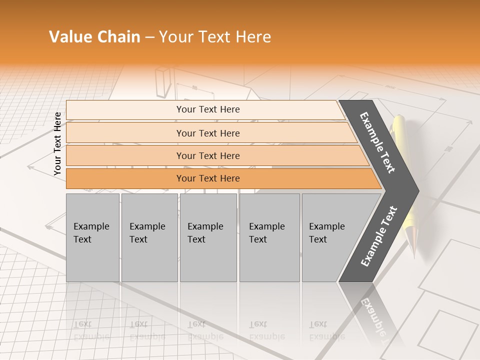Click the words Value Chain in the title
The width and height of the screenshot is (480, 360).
point(94,37)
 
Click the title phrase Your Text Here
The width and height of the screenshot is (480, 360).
point(215,37)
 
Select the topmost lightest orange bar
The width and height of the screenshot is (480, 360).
point(207,109)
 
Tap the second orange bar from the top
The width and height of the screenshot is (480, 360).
point(207,133)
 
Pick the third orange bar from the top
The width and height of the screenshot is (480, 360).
point(207,155)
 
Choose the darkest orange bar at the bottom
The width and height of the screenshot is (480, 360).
point(207,178)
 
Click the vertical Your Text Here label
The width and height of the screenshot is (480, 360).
point(57,143)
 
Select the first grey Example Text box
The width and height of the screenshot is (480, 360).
point(92,237)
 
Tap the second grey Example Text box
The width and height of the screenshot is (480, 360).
point(149,237)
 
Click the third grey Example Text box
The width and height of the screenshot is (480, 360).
point(208,237)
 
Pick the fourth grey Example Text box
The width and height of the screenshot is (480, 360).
point(269,237)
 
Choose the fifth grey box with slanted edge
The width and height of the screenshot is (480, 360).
point(330,237)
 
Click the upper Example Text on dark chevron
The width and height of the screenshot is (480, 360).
point(377,142)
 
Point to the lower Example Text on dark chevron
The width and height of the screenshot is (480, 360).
point(379,236)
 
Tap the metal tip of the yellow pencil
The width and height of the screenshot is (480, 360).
point(412,245)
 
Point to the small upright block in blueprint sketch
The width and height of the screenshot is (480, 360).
point(163,82)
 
